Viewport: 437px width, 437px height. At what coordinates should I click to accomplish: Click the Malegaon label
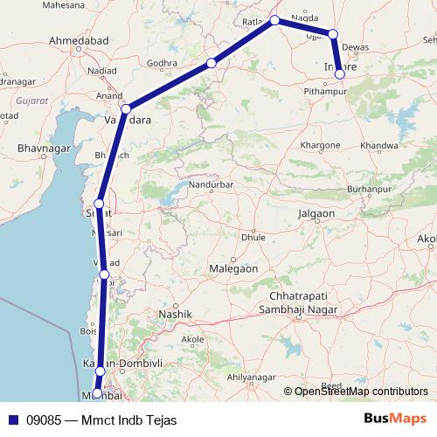coord(232,269)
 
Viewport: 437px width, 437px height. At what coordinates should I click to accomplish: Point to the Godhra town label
coord(163,63)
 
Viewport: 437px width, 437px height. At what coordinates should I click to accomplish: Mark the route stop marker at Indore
coord(340,74)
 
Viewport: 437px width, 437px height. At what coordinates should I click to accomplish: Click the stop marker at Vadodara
coord(126,109)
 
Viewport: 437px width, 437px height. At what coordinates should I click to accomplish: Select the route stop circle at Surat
coord(100,203)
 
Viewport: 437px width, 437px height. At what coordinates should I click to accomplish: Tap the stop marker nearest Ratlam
coord(274,20)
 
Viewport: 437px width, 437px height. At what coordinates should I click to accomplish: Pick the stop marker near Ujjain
coord(332,34)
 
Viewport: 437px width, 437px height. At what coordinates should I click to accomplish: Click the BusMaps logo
coord(394,420)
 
